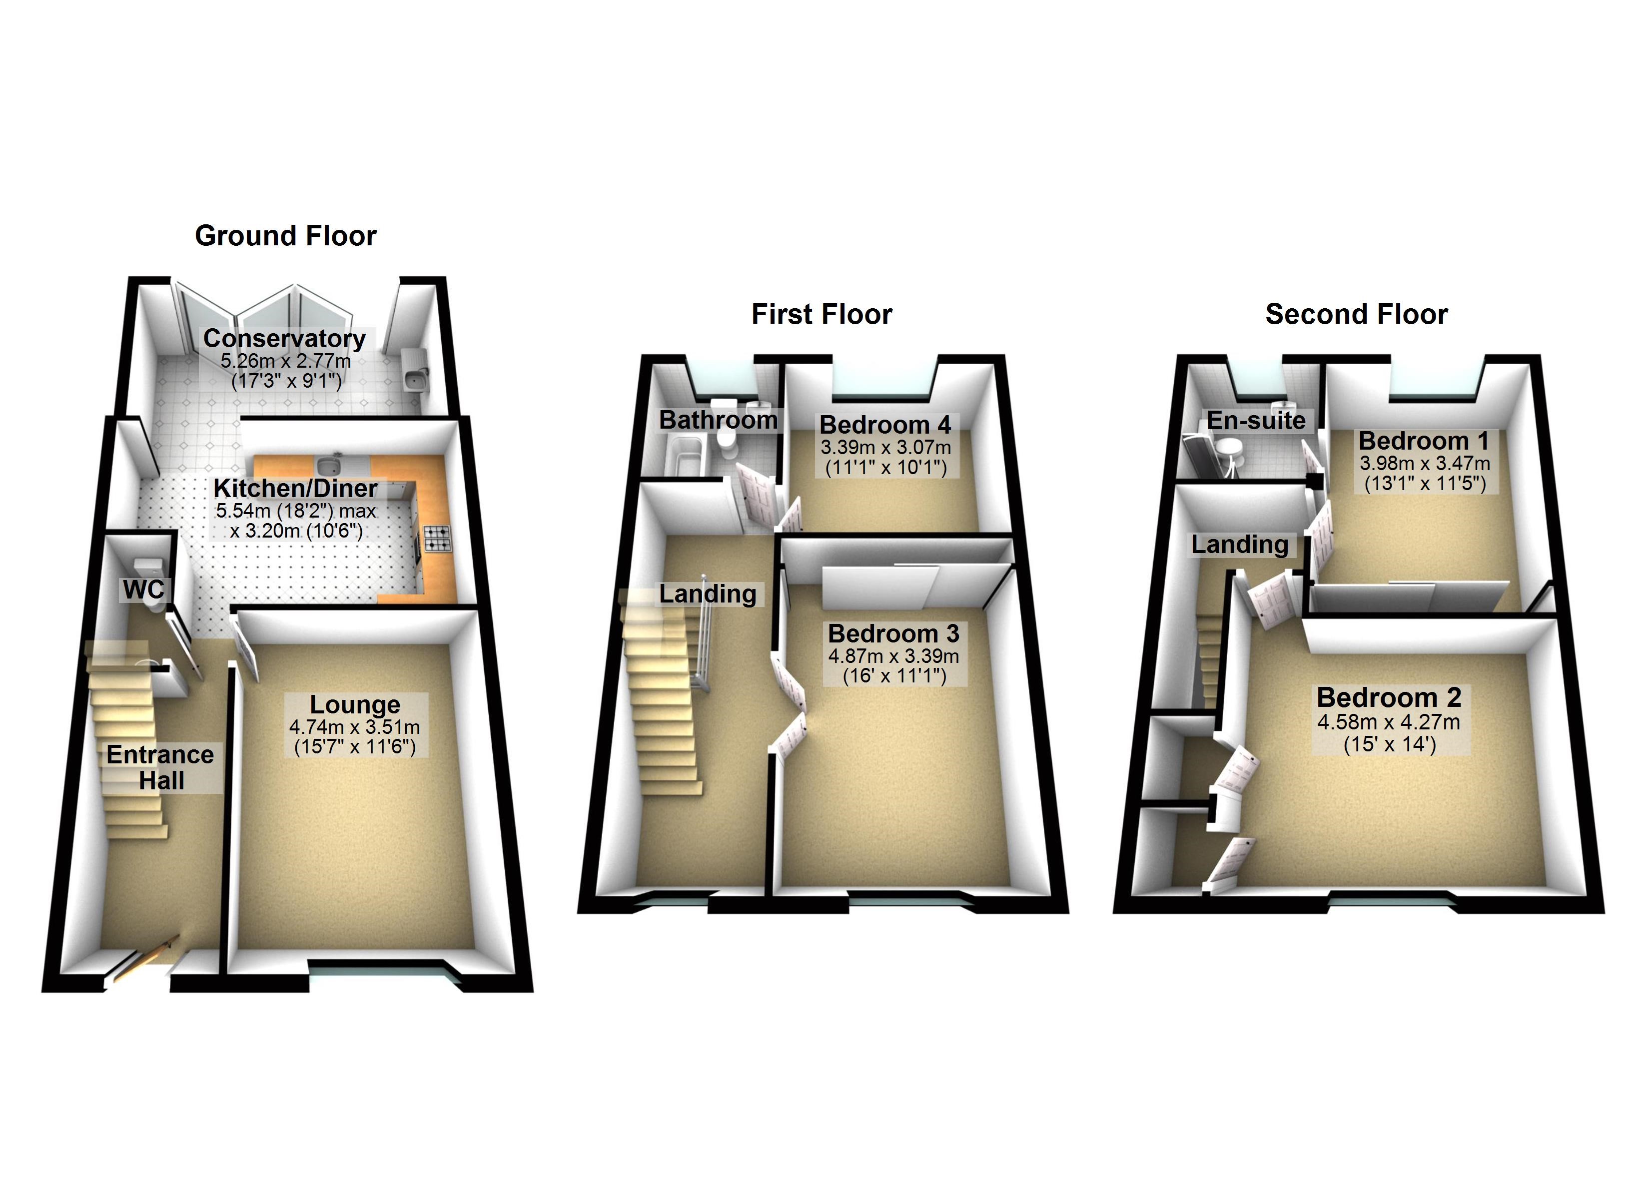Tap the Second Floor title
(1356, 314)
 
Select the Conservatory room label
(284, 338)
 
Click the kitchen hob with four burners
(437, 538)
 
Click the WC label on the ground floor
(143, 590)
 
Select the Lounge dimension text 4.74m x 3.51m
(354, 727)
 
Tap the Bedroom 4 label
(885, 425)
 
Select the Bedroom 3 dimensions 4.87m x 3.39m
(893, 656)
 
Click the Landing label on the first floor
(708, 594)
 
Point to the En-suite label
(1256, 420)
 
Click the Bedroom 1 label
(1424, 441)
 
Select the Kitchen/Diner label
(295, 488)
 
